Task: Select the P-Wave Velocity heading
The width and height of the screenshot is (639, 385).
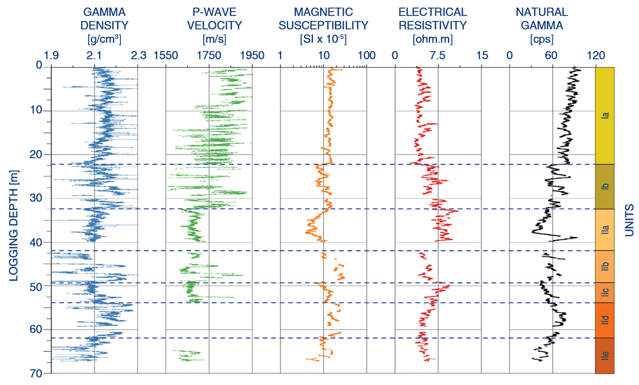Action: (x=214, y=19)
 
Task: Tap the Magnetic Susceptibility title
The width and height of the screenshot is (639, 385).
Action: (x=323, y=19)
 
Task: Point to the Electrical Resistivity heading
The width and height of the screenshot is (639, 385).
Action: (x=433, y=19)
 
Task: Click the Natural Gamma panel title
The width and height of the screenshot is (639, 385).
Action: (x=542, y=19)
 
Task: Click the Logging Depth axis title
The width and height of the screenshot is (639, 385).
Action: (x=14, y=225)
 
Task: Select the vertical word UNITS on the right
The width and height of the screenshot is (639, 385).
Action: (x=629, y=220)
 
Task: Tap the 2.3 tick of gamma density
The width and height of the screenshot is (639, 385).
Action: (x=139, y=56)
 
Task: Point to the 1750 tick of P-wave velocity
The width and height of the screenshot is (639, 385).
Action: (x=209, y=56)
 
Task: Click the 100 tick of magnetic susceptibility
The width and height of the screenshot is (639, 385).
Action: (x=367, y=56)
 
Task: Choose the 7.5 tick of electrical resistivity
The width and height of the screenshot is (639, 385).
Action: (x=438, y=56)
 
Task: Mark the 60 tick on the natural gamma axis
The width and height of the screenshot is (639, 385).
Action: (x=551, y=56)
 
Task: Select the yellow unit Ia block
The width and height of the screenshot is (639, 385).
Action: (x=604, y=116)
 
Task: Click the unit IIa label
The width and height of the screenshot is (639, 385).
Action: (x=606, y=230)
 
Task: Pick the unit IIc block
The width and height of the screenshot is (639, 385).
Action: (x=604, y=292)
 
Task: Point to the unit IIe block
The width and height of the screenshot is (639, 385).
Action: (x=604, y=356)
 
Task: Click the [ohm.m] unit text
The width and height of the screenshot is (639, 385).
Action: (x=433, y=40)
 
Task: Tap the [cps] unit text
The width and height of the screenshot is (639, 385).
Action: (x=542, y=40)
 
